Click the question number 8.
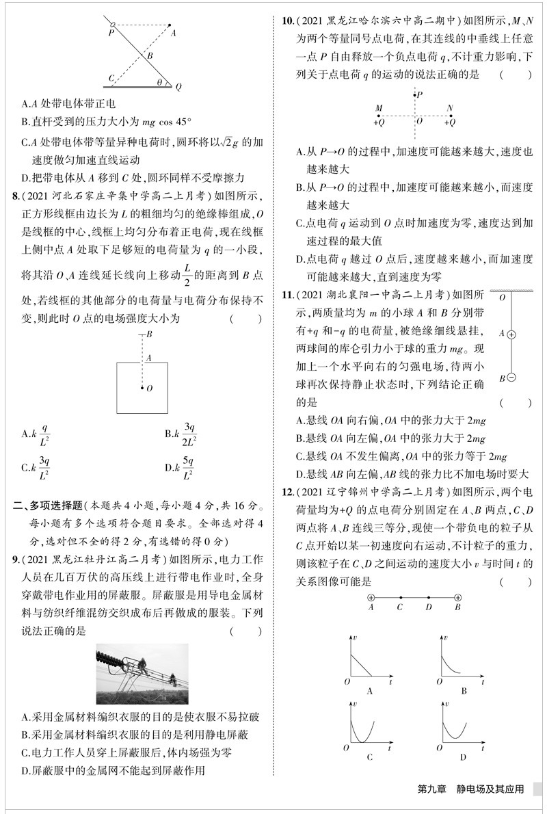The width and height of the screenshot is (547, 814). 16,197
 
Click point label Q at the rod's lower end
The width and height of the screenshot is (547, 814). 179,88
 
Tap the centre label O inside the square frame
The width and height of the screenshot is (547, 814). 149,388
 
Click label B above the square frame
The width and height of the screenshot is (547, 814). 148,334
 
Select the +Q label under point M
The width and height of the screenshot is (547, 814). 379,122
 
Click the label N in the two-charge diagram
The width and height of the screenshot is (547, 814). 449,108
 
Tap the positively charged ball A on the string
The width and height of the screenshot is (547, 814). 510,334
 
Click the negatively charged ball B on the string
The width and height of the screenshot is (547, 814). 510,378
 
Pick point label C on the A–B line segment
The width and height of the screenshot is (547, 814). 399,606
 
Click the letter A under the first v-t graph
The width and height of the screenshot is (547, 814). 370,691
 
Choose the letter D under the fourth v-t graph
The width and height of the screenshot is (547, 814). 463,756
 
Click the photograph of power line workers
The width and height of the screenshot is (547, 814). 142,674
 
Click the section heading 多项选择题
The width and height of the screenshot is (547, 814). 57,506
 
